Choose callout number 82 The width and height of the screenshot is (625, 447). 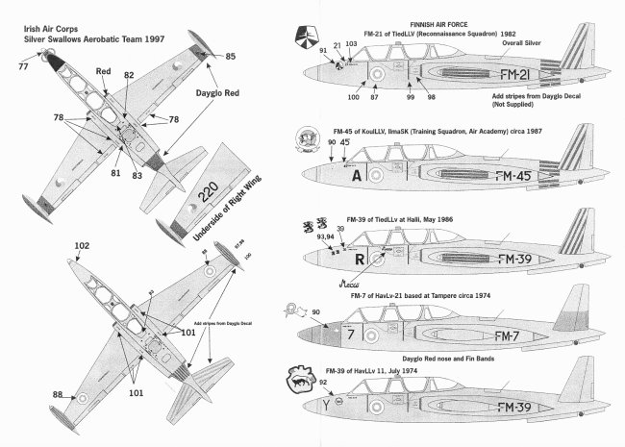pyautogui.click(x=129, y=74)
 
